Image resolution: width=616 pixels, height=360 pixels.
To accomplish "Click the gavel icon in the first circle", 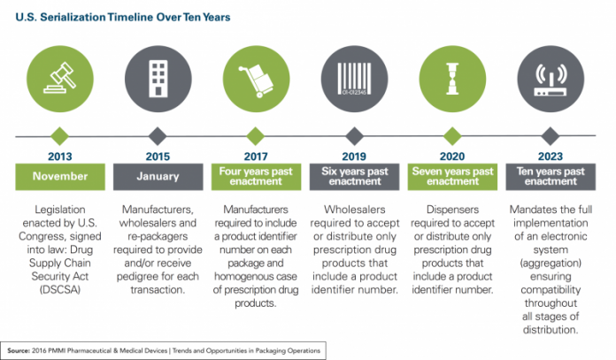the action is [x=60, y=78].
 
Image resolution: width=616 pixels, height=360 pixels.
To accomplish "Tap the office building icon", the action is [x=158, y=79].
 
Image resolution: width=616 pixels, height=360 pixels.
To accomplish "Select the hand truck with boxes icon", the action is [x=256, y=80].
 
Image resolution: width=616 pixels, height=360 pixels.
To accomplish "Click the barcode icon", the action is [x=354, y=79].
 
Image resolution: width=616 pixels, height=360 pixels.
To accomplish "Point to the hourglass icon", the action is [x=452, y=79].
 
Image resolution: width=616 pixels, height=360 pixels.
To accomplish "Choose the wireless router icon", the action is [x=551, y=80].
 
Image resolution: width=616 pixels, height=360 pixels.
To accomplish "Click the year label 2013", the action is [x=59, y=157].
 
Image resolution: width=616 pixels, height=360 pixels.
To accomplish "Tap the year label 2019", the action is [x=354, y=157].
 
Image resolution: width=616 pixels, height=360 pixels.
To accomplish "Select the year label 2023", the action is [x=551, y=157].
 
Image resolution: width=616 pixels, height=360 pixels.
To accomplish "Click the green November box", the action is [x=60, y=177].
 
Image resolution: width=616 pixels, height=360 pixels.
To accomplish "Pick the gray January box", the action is [x=158, y=177].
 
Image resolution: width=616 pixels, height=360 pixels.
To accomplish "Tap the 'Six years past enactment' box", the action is [x=354, y=177].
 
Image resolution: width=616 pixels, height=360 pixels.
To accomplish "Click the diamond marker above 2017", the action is [x=256, y=136].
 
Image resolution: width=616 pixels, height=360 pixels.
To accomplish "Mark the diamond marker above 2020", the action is [x=452, y=136].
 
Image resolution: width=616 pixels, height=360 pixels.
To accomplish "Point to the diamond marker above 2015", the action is [x=158, y=136].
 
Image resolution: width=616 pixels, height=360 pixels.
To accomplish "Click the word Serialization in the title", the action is [x=73, y=18].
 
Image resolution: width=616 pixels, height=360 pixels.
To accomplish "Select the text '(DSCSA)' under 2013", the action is [x=59, y=290].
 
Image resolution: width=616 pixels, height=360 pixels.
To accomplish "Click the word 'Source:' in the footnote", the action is [x=19, y=350].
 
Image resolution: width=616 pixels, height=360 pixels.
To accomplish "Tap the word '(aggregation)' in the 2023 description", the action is [x=551, y=263].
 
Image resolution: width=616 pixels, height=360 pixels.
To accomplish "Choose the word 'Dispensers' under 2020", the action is [x=452, y=210].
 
